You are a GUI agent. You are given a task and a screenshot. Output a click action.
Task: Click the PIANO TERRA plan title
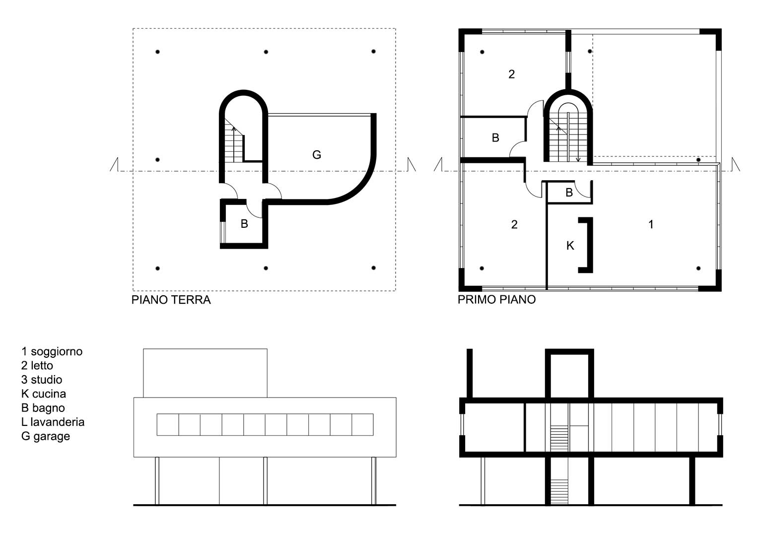(171, 300)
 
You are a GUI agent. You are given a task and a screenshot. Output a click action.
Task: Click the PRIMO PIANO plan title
(496, 299)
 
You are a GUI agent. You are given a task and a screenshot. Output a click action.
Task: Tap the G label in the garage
(316, 155)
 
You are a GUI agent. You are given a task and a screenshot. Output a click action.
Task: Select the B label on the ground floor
(244, 224)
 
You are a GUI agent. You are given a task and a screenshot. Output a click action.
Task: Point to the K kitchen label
(570, 246)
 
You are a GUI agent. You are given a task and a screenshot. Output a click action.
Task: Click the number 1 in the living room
(651, 224)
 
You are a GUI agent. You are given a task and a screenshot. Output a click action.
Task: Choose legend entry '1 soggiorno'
(52, 351)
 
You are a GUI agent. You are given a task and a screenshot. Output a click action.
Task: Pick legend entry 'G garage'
(45, 436)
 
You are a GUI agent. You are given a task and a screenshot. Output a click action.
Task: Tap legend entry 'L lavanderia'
(53, 422)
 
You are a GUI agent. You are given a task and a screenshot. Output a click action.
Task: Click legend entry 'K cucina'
(43, 394)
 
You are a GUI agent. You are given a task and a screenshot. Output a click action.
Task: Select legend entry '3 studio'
(42, 380)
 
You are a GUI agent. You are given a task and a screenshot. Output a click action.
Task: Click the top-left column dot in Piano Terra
(157, 52)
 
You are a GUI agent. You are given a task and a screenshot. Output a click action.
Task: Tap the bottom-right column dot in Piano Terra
(373, 268)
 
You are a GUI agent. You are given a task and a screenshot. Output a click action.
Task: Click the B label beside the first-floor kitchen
(569, 193)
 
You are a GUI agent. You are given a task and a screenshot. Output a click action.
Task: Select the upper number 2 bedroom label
(511, 74)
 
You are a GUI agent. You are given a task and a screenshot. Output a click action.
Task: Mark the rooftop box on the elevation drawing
(205, 373)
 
